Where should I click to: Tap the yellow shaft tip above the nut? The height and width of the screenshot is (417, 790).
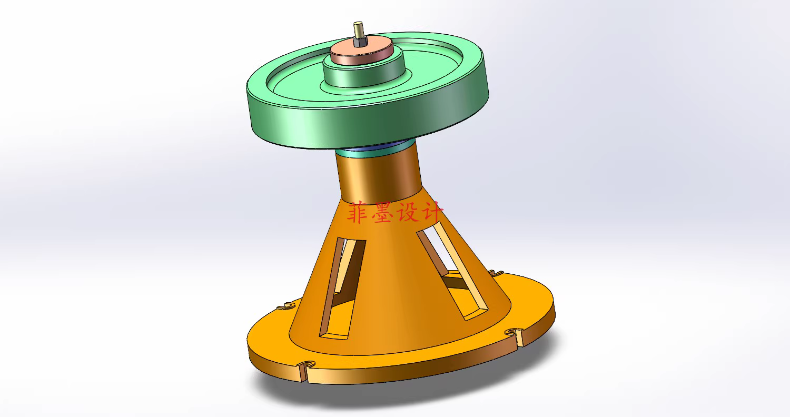pyautogui.click(x=359, y=26)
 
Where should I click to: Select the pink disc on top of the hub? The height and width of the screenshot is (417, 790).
pyautogui.click(x=362, y=53)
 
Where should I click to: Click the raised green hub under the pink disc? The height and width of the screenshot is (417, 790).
pyautogui.click(x=363, y=75)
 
